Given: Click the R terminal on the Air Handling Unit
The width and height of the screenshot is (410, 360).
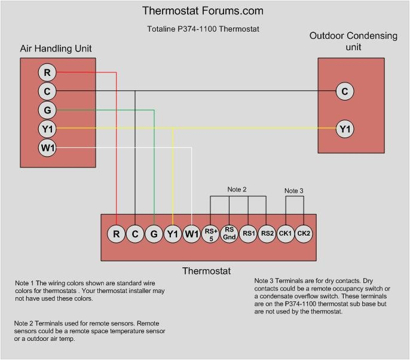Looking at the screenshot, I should coord(47,73).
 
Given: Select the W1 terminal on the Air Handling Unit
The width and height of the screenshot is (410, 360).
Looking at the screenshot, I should coord(47,148).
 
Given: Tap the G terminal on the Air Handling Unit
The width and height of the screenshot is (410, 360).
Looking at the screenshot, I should coord(47,110).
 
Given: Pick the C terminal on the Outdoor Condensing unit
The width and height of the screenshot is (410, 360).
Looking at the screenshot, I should coord(344,91).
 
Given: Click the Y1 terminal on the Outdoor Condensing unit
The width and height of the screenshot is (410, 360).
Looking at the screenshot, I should coord(344,129).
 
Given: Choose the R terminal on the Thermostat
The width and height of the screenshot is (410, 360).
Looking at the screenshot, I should coord(117,234).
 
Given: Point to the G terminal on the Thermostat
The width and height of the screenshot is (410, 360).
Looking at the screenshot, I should coord(154,234).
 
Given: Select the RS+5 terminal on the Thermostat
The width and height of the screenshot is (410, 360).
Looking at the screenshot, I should coord(210,234).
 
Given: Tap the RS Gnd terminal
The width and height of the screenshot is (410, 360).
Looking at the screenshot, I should coord(230,234).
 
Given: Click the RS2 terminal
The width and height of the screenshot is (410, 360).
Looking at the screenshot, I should coord(267,234).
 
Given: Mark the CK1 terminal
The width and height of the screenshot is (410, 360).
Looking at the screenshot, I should coord(286,234).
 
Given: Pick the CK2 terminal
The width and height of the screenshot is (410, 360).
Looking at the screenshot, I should coord(304,234).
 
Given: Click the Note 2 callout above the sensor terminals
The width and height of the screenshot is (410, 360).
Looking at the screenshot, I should coord(237,190).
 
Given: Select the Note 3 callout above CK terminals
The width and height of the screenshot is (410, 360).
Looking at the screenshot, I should coord(293,191).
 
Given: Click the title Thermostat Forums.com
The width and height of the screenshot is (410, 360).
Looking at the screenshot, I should coord(203,11).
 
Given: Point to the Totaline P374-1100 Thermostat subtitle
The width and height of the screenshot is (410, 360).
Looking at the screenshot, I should coord(203,29).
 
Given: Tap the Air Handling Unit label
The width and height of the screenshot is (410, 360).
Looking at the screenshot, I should coord(56,48).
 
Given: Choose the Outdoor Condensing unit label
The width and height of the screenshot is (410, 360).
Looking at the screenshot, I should coord(353,41).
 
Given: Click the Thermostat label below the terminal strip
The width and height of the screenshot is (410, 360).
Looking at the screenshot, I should coord(206,271).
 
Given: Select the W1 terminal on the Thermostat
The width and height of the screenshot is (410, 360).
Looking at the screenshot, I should coord(191,234).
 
